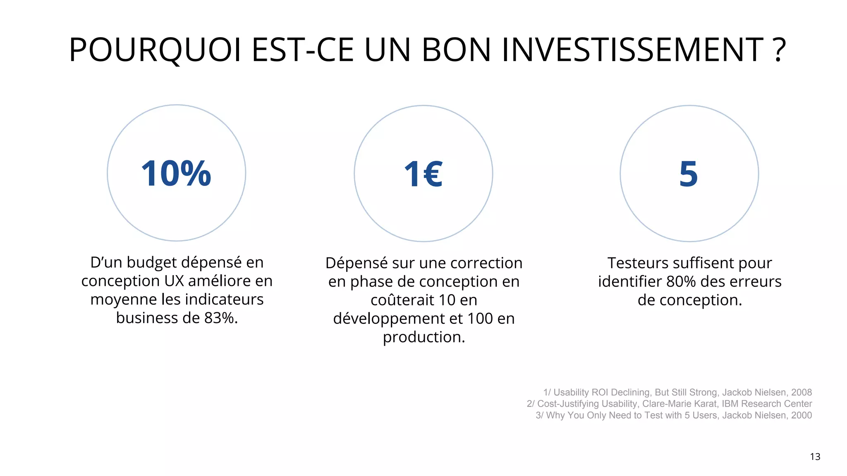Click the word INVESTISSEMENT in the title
[633, 50]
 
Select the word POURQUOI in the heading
[155, 50]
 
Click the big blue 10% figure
[176, 174]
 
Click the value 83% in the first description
[220, 318]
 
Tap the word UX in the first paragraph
[174, 281]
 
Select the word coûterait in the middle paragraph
[402, 300]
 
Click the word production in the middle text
[423, 338]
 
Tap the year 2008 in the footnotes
[801, 393]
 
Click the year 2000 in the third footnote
[801, 415]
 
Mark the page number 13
[815, 457]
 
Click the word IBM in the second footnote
[730, 404]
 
